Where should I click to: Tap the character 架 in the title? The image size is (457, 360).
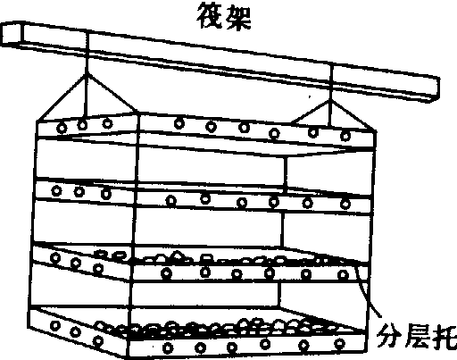click(238, 16)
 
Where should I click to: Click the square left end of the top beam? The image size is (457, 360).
click(12, 34)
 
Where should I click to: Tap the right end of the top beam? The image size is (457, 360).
click(434, 90)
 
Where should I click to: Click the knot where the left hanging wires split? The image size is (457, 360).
click(87, 74)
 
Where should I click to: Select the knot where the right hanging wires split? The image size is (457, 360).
click(330, 101)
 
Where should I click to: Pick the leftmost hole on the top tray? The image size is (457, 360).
click(62, 129)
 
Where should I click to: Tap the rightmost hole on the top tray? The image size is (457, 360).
click(345, 137)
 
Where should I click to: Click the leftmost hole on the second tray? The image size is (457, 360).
click(56, 190)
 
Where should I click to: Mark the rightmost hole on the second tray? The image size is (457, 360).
click(345, 205)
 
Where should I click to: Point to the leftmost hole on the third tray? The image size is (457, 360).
click(55, 257)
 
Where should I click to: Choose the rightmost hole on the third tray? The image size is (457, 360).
click(343, 274)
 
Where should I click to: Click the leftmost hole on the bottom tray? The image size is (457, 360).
click(54, 325)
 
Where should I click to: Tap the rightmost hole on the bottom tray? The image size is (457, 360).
click(339, 344)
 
